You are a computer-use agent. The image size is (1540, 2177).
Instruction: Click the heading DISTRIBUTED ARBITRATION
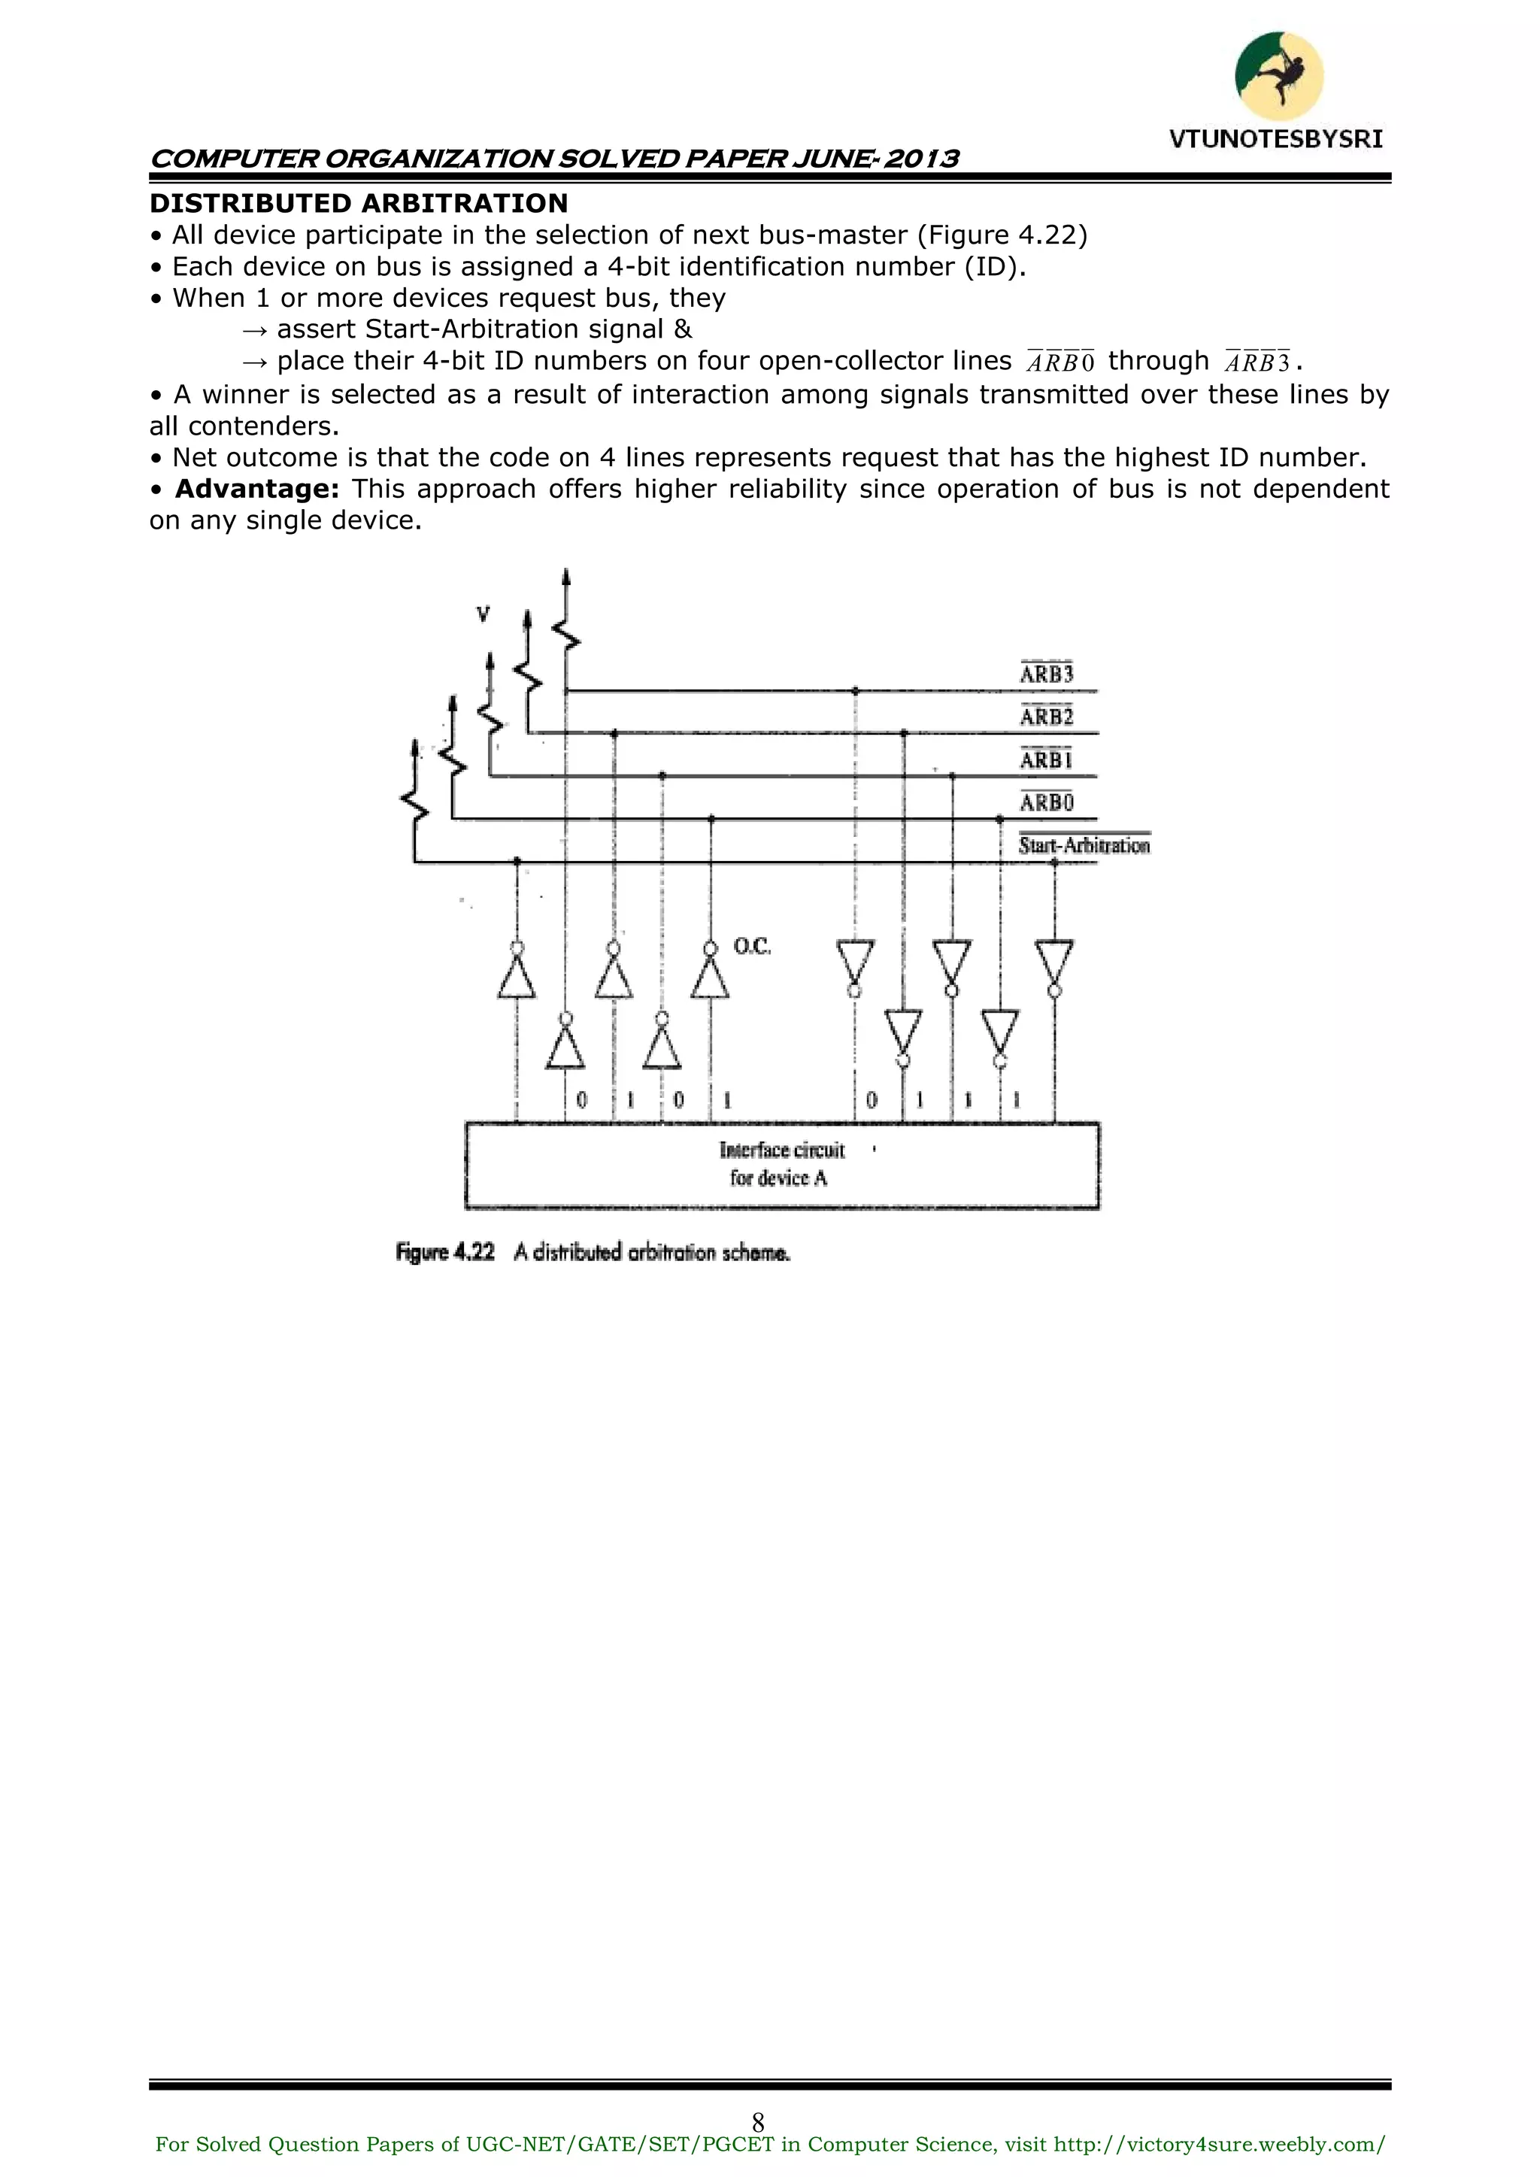359,203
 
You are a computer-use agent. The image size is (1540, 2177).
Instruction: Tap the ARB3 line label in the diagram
1046,673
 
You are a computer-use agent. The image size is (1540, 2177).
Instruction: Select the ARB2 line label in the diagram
1046,716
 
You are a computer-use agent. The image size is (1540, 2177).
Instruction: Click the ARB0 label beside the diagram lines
1046,802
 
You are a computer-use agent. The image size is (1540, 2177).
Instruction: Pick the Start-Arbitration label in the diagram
1084,844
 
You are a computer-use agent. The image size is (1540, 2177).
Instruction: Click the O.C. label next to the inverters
752,946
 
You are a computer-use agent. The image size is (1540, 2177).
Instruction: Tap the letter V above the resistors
483,615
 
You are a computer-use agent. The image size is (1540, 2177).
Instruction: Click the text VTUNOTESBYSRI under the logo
1275,139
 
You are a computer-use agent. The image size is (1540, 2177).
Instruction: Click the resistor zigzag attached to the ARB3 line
567,632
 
